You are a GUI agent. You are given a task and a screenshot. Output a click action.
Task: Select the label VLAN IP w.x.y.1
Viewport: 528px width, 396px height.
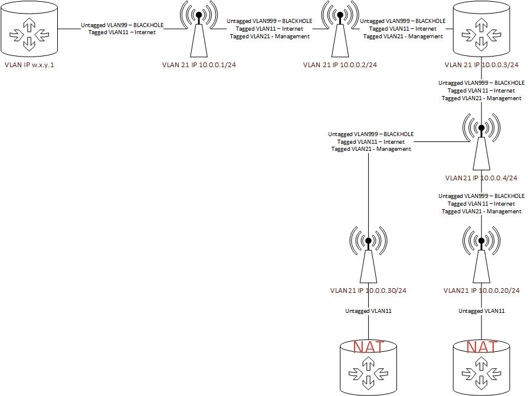(x=29, y=65)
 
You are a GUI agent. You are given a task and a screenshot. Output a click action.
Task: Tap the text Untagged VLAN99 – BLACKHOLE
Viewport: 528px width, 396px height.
(x=122, y=25)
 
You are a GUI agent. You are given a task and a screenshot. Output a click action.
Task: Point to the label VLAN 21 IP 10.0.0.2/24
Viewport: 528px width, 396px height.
(x=340, y=65)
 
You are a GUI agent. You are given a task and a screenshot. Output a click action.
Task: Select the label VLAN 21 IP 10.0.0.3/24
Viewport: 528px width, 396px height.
(x=482, y=65)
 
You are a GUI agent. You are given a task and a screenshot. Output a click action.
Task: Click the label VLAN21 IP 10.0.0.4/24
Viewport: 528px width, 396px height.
(x=481, y=177)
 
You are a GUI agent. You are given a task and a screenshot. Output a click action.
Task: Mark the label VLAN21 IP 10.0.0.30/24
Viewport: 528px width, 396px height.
(x=368, y=291)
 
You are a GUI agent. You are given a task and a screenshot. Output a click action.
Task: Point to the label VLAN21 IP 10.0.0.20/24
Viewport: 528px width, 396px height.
(x=481, y=291)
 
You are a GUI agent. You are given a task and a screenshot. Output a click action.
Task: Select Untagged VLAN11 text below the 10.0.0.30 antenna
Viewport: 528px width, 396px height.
(x=368, y=311)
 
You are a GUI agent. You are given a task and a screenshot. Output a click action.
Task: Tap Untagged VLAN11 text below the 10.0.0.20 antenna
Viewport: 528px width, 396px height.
(x=482, y=311)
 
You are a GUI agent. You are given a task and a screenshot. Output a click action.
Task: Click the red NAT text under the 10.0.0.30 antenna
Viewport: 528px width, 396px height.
(x=369, y=347)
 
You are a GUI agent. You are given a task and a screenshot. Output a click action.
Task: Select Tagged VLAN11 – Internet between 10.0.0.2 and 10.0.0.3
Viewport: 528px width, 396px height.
(x=404, y=28)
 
